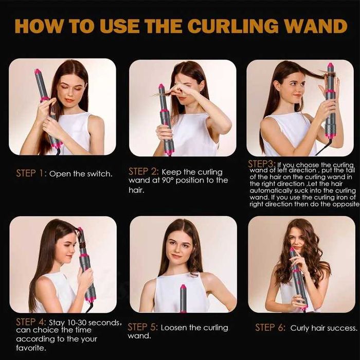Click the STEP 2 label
click(143, 171)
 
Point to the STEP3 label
click(262, 164)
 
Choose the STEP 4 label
click(31, 322)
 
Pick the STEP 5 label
click(143, 327)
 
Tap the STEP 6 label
click(270, 328)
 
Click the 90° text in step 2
click(168, 180)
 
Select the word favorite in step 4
click(31, 348)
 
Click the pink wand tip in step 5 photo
click(183, 287)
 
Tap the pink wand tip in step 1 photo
click(37, 71)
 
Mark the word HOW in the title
click(39, 26)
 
